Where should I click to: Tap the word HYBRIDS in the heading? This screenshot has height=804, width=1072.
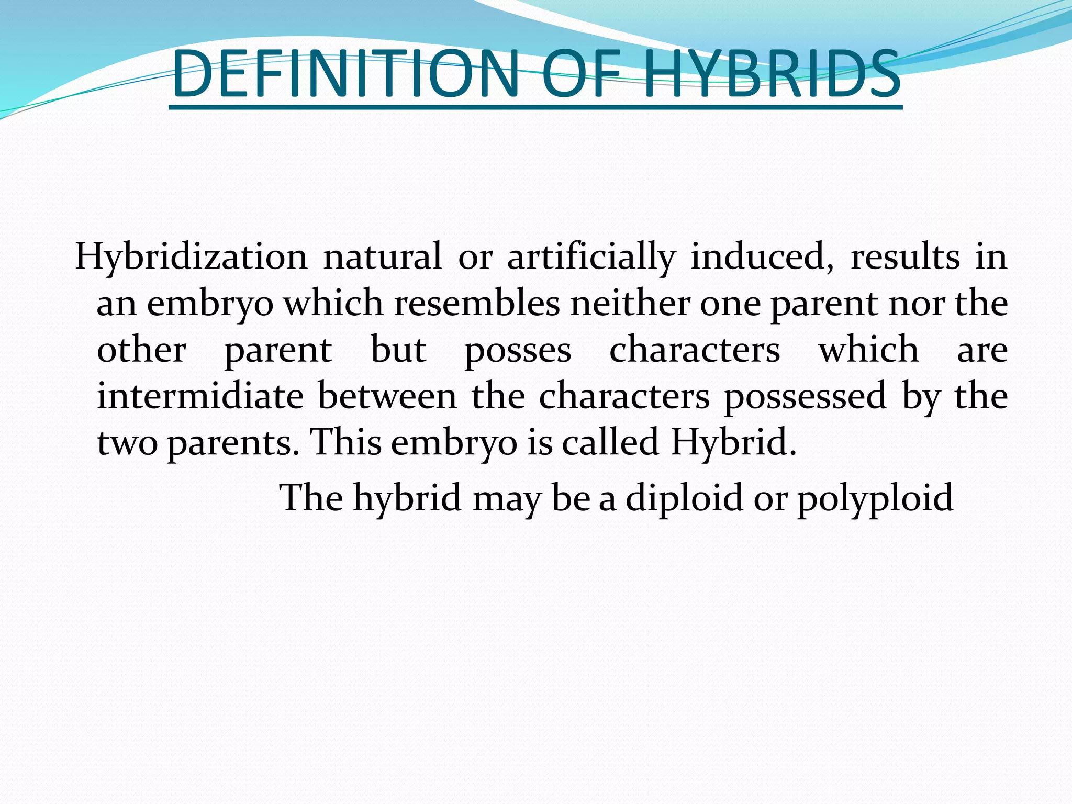click(x=772, y=74)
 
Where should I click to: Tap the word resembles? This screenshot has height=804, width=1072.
click(x=477, y=303)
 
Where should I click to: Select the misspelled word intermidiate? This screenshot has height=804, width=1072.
click(x=200, y=396)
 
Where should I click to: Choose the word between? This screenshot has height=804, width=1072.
click(x=387, y=396)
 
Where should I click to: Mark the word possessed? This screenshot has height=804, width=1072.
click(x=805, y=396)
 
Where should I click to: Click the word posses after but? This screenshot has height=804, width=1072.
click(x=518, y=350)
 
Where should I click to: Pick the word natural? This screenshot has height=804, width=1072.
click(x=382, y=257)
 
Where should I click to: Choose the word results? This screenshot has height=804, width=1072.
click(x=905, y=257)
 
